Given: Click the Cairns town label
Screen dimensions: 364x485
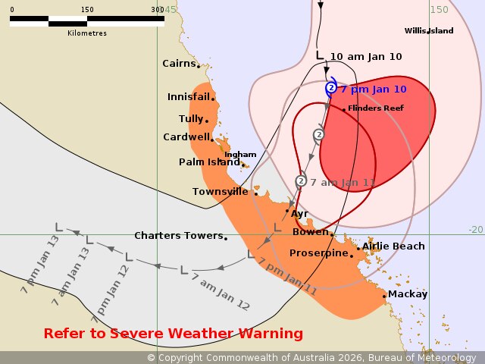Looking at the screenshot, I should click(179, 64).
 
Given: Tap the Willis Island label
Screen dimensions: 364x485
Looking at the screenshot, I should click(429, 30).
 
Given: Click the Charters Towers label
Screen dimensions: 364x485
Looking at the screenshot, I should click(179, 236).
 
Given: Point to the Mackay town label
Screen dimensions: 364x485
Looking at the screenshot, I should click(408, 294).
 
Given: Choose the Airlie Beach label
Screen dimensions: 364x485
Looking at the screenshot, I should click(393, 246).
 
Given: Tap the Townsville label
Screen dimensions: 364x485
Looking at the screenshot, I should click(220, 192).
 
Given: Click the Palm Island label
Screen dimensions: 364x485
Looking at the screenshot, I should click(209, 162).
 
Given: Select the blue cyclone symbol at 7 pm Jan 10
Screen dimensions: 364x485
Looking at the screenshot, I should click(331, 89).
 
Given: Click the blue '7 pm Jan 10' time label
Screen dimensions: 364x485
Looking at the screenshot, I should click(374, 89).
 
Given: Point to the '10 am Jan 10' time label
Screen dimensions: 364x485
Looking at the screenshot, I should click(366, 57).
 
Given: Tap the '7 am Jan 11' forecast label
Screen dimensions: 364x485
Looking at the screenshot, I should click(343, 183).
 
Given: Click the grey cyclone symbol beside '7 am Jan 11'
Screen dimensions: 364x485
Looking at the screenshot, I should click(301, 181).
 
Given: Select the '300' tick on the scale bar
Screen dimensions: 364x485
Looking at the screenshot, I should click(158, 10).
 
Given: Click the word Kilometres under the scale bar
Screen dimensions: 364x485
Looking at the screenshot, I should click(87, 33).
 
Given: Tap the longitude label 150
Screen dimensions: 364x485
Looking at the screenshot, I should click(439, 9).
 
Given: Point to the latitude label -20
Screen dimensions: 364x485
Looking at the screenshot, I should click(475, 229).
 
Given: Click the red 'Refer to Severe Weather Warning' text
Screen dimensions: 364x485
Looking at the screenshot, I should click(174, 334).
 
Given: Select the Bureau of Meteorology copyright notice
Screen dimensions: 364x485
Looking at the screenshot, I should click(311, 357).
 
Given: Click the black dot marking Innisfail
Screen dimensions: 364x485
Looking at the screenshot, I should click(213, 98).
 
